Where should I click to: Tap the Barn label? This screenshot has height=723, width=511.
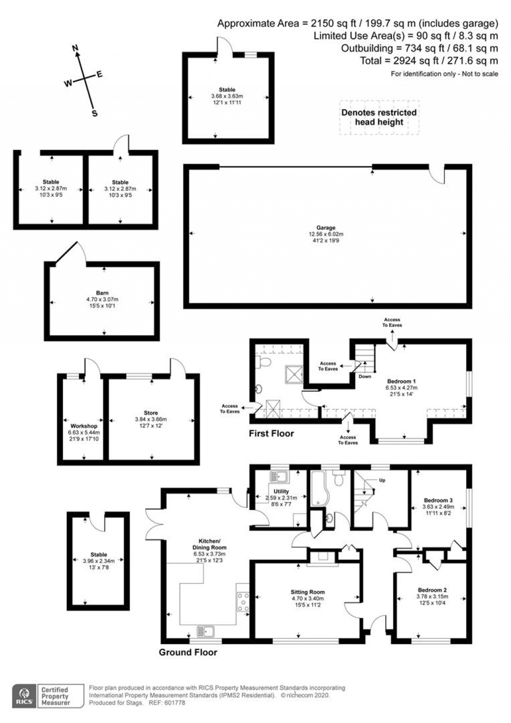pos(102,293)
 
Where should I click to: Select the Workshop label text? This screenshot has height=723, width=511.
pos(84,426)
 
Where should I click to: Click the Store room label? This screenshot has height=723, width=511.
pos(151,413)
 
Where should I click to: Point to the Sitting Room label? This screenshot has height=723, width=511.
pos(308,592)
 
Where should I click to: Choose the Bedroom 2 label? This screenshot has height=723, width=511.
pos(432,590)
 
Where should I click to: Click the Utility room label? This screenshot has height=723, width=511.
pos(281,492)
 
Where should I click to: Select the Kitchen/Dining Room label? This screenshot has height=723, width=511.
pos(210,544)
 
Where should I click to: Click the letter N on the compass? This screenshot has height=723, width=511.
pos(76,48)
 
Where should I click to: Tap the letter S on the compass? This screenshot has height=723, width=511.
pos(94,113)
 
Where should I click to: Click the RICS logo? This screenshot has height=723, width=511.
pos(23,696)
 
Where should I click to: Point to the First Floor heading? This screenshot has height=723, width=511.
pos(271,434)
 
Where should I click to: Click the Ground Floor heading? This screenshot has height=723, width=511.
pos(188,652)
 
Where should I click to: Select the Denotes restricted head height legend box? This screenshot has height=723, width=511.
pos(379,117)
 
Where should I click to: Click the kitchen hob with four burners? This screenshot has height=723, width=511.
pos(243,602)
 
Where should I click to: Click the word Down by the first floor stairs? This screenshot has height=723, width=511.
pos(365,376)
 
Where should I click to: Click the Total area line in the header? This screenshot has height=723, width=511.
pos(429,61)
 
